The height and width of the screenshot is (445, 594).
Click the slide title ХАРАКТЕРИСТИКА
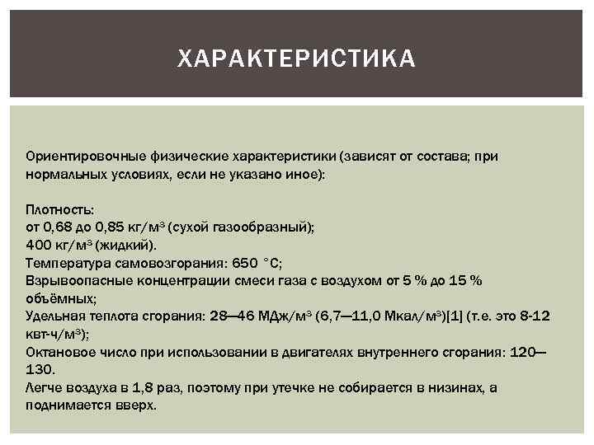click(297, 59)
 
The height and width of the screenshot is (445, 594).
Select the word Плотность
click(59, 210)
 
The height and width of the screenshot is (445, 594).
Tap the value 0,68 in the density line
click(59, 227)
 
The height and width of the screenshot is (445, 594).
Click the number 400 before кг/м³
click(39, 245)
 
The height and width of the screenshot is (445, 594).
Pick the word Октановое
click(60, 352)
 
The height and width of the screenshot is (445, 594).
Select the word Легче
click(43, 387)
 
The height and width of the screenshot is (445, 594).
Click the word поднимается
click(67, 405)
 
